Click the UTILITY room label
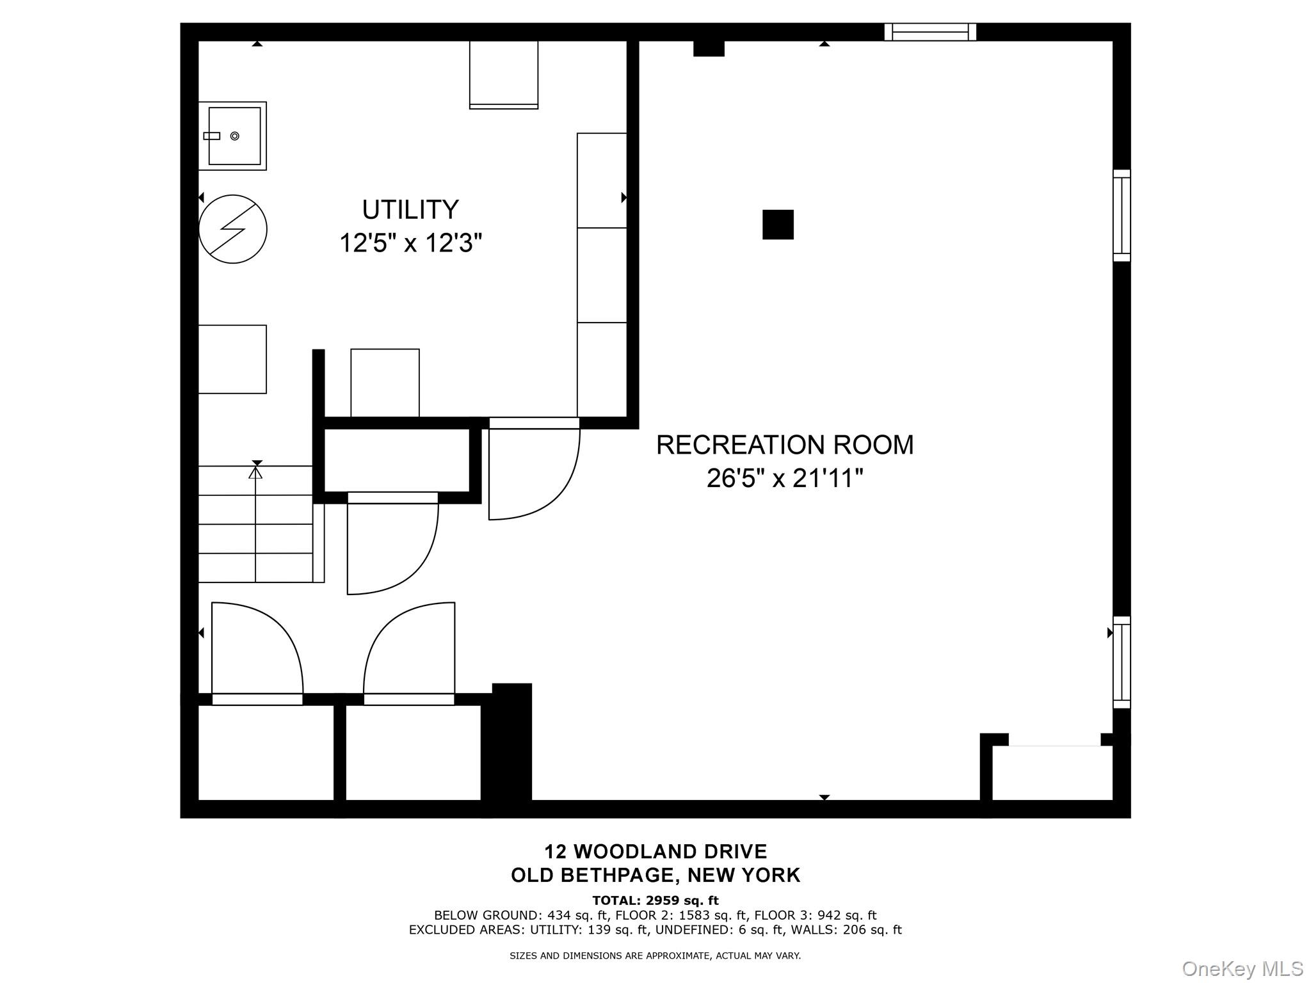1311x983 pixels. [410, 210]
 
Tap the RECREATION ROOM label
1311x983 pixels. [785, 445]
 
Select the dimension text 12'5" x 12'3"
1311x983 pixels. [410, 243]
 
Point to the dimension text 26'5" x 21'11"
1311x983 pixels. [785, 478]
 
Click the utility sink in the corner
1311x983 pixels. [232, 136]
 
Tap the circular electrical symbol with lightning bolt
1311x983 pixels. [233, 229]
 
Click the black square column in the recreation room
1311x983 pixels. [778, 225]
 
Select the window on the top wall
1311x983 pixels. [930, 32]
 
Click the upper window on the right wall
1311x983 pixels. [1122, 216]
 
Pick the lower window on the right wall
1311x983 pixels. [1122, 662]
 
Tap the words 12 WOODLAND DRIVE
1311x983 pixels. [655, 851]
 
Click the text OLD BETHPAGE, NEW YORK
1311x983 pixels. [655, 875]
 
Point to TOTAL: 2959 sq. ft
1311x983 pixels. [655, 901]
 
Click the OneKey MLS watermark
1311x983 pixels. [1243, 969]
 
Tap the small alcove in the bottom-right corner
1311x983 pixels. [1052, 772]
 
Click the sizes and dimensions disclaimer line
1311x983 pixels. [655, 955]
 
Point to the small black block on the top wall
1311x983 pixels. [709, 48]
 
